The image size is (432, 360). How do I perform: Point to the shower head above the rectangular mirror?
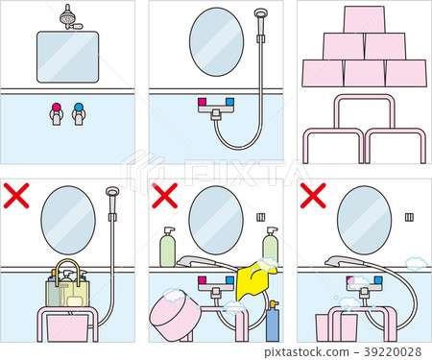(x=67, y=15)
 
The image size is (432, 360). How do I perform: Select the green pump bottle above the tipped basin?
(x=168, y=247)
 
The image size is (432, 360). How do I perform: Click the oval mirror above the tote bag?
(x=69, y=220)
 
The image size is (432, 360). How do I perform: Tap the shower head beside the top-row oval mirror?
(x=259, y=14)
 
